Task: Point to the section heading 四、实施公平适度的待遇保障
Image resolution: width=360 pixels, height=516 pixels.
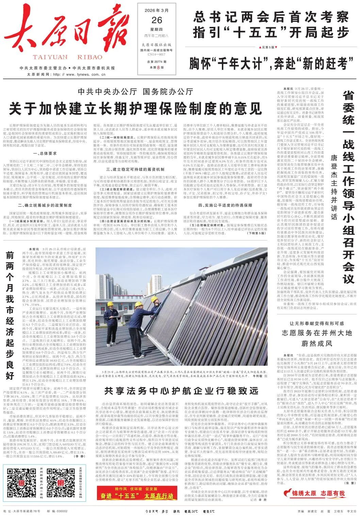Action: pyautogui.click(x=225, y=205)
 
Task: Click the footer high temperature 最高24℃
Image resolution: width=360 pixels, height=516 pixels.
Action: pyautogui.click(x=191, y=511)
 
